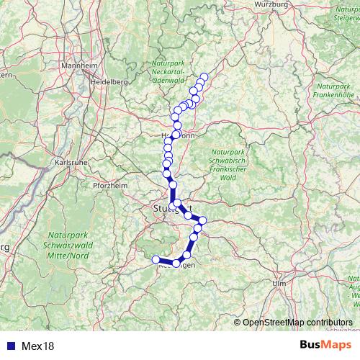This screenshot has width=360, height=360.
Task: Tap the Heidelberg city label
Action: click(x=109, y=82)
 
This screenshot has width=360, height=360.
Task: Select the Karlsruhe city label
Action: click(x=71, y=163)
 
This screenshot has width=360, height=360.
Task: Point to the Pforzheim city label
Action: click(x=109, y=185)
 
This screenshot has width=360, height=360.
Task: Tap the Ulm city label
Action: click(x=279, y=284)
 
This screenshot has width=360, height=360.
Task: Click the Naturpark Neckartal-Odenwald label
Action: click(x=169, y=75)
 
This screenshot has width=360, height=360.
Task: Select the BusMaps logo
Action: click(x=327, y=346)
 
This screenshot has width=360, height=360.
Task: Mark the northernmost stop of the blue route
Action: click(x=204, y=76)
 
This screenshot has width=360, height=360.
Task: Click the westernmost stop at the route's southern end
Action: click(x=156, y=260)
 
